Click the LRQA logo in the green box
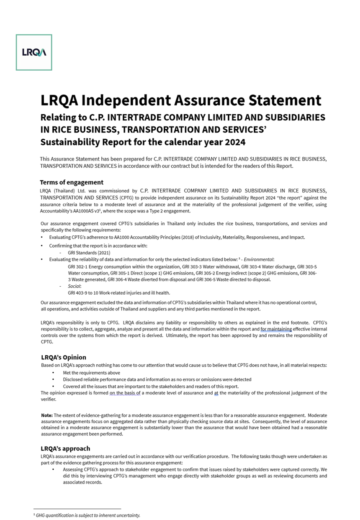point(34,52)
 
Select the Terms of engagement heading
point(72,182)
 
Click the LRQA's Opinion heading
point(64,357)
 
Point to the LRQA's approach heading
point(65,448)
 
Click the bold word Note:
point(47,415)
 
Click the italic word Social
point(74,286)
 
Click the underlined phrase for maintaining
point(276,329)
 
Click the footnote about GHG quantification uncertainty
point(88,515)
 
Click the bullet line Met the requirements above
point(91,373)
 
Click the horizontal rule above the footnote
point(77,509)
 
